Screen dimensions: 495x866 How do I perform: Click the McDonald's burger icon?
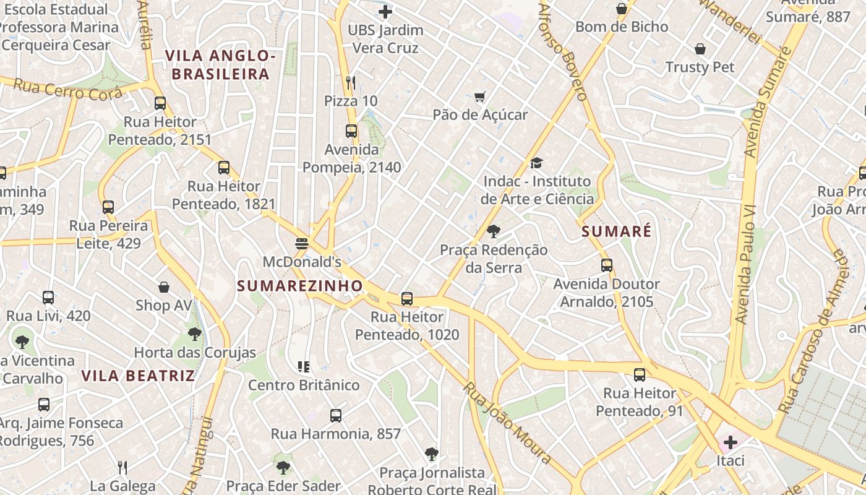(302, 243)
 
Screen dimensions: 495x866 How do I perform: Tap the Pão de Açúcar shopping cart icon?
(479, 97)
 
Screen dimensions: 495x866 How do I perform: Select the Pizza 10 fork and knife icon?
(351, 82)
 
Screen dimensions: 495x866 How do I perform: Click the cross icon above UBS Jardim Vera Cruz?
(385, 11)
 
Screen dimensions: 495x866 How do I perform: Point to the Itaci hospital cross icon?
(731, 442)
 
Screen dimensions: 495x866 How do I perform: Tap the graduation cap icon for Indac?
(536, 163)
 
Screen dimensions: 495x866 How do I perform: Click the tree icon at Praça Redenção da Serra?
(494, 231)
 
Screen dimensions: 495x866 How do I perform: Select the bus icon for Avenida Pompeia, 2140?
(351, 131)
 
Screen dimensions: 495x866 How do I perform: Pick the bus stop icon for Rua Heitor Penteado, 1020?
(407, 299)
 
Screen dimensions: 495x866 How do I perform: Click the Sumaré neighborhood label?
(617, 232)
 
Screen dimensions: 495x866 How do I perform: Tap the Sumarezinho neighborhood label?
(300, 286)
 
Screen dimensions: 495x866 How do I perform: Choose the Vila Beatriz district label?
(138, 376)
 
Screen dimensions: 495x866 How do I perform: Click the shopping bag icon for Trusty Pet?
(700, 49)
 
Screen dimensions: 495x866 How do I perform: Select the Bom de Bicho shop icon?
(622, 9)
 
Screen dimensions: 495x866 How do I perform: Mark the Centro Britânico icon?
(303, 367)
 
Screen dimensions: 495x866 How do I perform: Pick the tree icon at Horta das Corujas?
(195, 334)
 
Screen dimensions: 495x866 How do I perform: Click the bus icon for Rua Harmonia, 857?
(336, 416)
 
